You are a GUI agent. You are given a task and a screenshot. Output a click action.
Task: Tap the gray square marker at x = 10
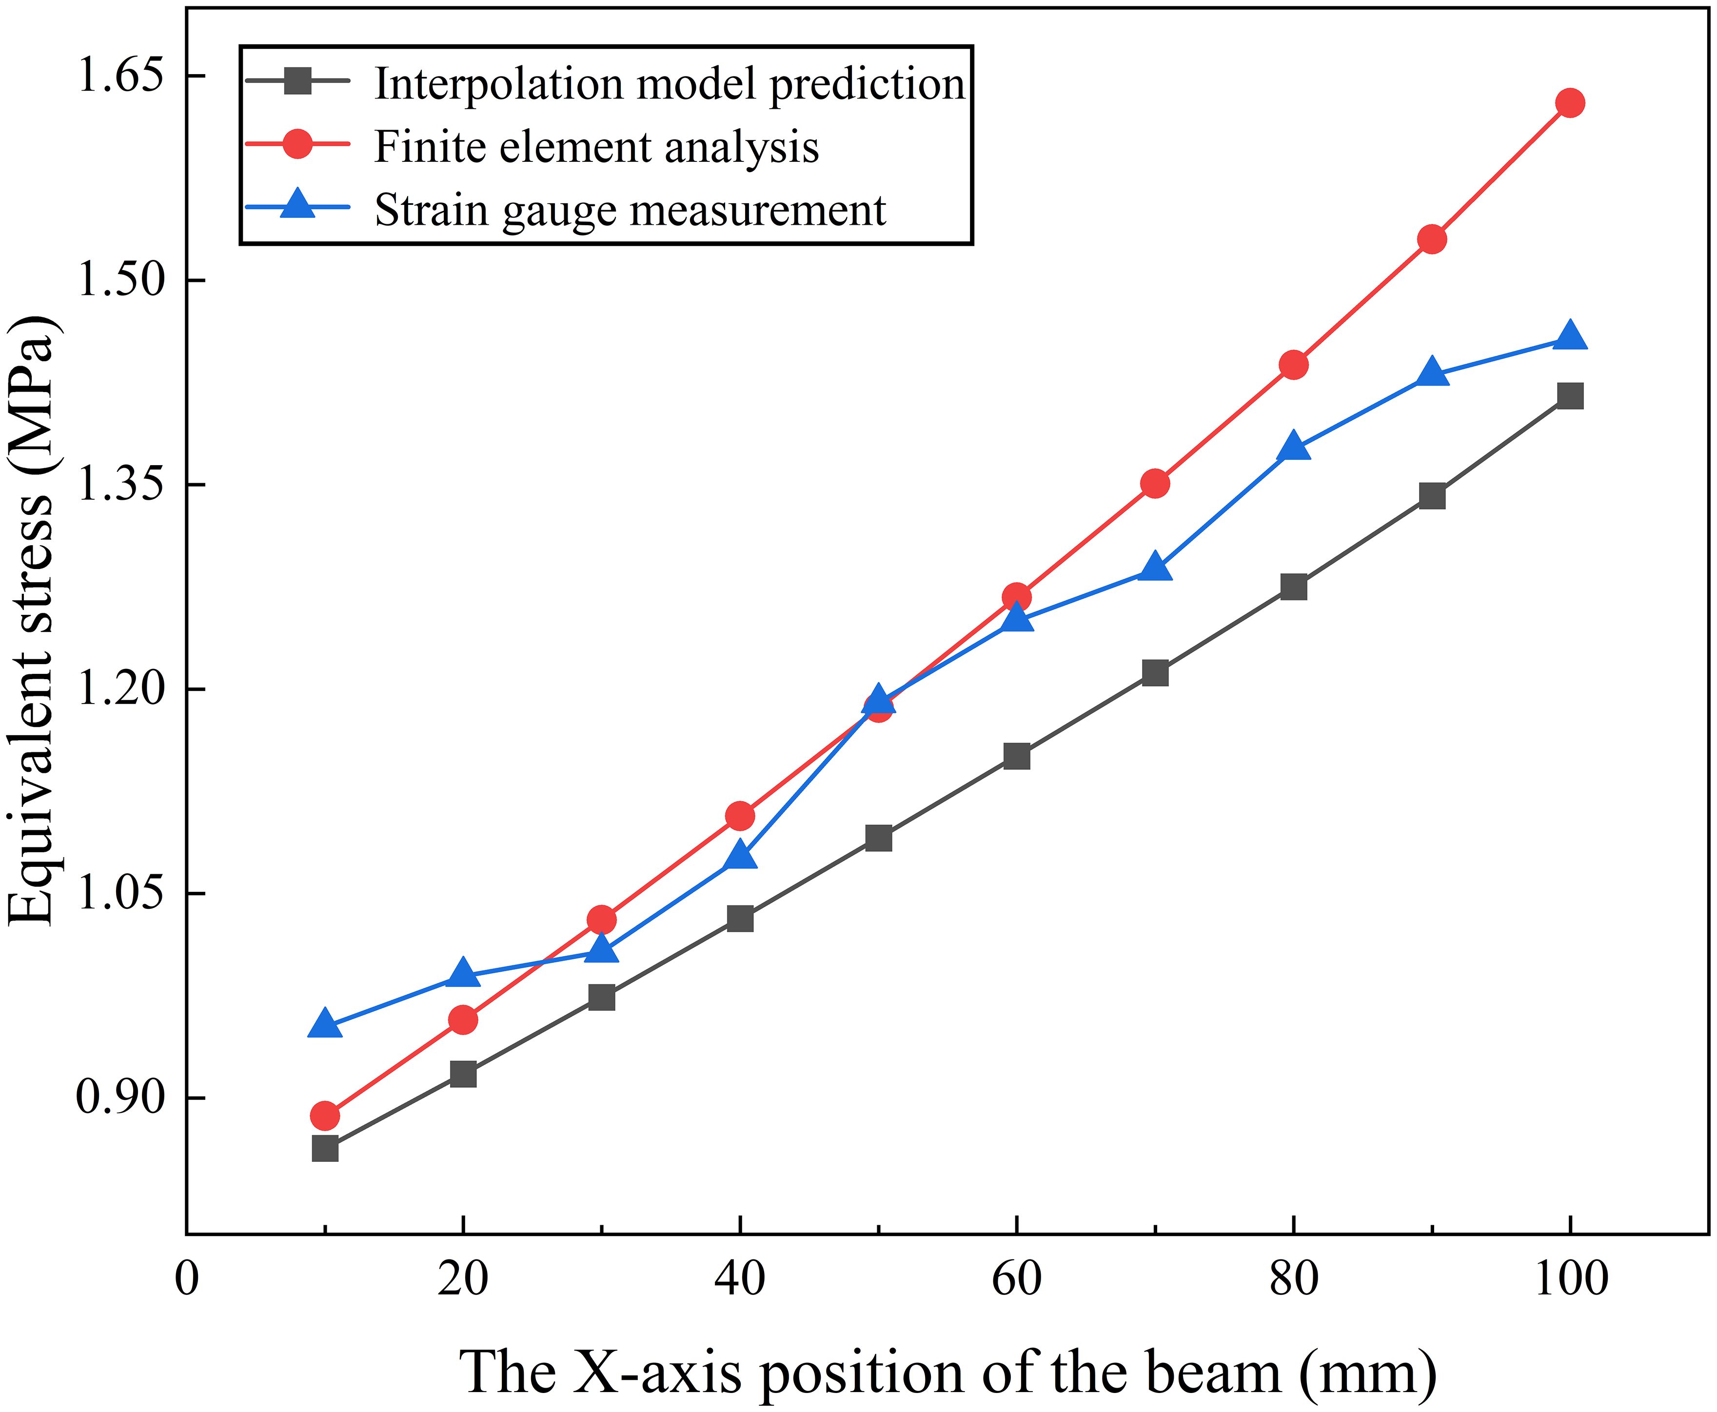(x=325, y=1149)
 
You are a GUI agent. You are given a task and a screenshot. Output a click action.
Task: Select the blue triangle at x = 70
(x=1155, y=567)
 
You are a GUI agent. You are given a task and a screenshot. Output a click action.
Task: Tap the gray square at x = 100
(x=1570, y=396)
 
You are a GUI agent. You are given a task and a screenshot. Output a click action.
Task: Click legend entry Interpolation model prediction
(x=669, y=83)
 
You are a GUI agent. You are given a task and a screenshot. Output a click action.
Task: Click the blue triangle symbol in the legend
(x=298, y=205)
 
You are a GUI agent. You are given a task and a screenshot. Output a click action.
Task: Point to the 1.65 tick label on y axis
(x=108, y=75)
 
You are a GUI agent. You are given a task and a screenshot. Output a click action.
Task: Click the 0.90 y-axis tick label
(x=108, y=1097)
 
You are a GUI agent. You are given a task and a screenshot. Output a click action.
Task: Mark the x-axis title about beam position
(x=947, y=1372)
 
